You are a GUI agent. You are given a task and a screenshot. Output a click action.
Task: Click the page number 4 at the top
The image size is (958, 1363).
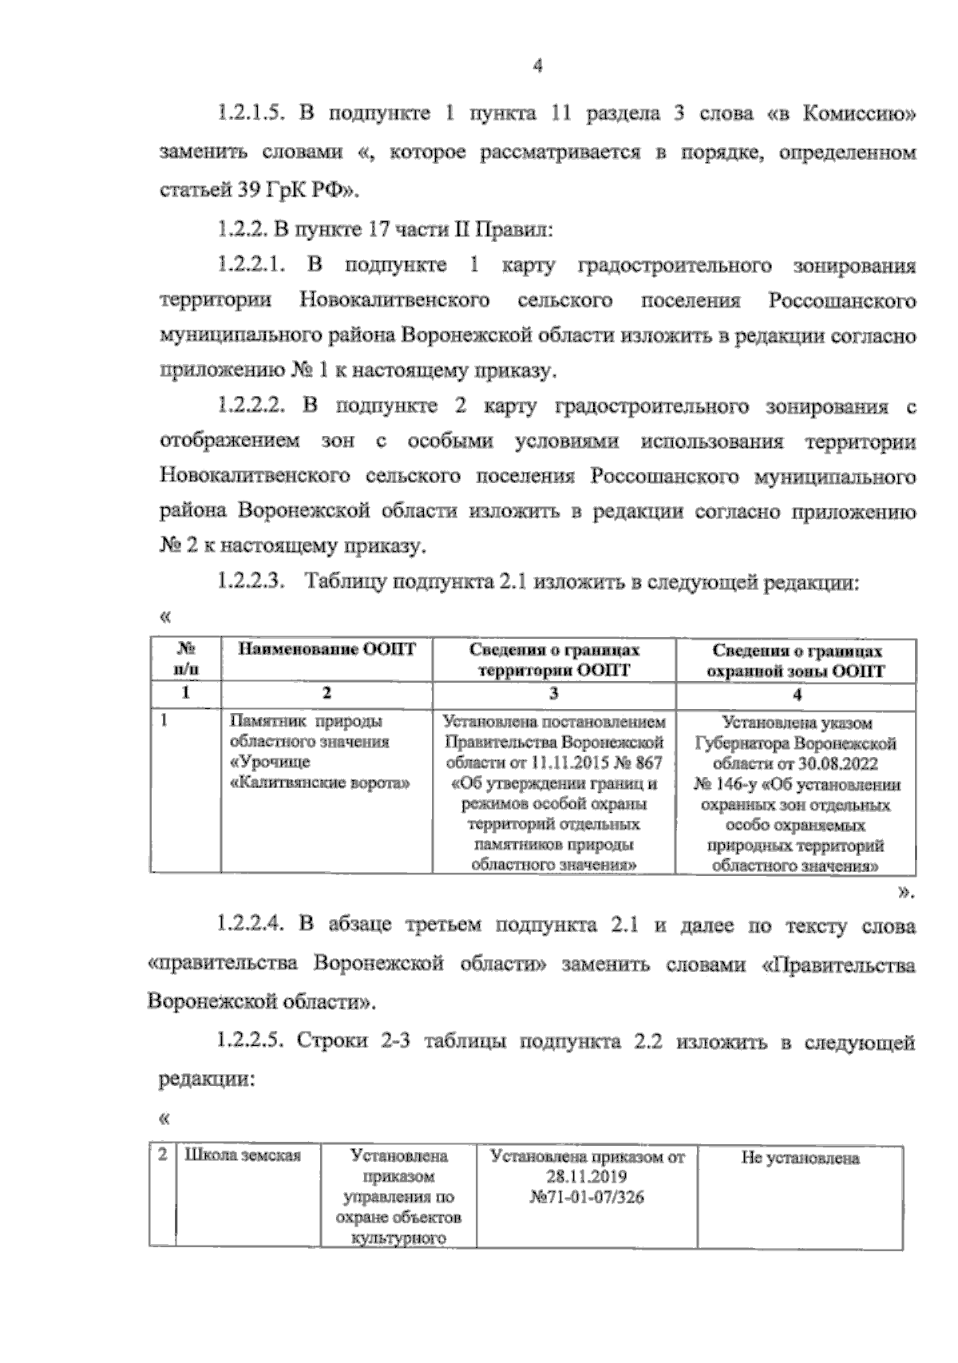(537, 68)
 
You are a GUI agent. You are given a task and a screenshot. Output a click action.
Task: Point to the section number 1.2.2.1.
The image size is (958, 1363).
(251, 265)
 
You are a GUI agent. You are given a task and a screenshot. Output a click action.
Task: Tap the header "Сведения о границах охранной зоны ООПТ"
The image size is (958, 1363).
(798, 660)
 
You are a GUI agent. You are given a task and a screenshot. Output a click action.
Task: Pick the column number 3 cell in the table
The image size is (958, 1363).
(553, 693)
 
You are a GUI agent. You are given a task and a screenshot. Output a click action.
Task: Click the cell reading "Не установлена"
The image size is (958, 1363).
(800, 1158)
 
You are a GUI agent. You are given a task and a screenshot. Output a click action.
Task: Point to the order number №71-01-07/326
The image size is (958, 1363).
(587, 1197)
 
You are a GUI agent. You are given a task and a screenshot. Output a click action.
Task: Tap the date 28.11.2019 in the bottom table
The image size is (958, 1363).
(587, 1177)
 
